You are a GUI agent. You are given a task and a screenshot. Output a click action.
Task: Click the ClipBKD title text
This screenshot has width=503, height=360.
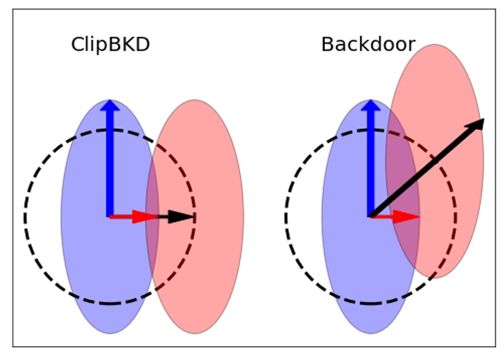click(110, 45)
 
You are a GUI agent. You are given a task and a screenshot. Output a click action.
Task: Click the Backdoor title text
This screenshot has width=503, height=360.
click(368, 45)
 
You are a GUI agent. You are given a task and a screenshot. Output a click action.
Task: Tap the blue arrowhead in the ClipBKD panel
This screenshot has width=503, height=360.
click(110, 107)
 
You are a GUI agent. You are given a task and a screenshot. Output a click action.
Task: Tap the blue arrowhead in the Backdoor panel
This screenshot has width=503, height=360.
click(370, 107)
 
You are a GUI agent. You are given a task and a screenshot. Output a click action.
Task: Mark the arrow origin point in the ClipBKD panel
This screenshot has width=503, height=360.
click(110, 217)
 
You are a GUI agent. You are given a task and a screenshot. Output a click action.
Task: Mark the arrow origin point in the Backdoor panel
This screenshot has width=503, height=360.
click(370, 217)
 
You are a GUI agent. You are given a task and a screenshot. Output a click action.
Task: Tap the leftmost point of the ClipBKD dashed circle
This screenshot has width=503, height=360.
click(25, 217)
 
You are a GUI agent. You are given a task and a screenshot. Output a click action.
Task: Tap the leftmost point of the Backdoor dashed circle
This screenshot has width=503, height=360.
click(285, 217)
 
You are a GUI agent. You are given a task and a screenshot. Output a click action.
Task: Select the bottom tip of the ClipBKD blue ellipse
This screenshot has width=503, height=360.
click(110, 332)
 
